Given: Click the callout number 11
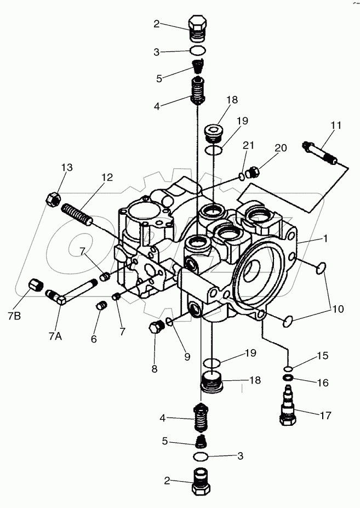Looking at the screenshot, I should pos(335,125).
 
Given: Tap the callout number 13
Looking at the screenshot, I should pos(66,168).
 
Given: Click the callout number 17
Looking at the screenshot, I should pos(325,415).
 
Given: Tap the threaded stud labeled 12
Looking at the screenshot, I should pos(76,214).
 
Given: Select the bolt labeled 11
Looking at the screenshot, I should pos(319,154).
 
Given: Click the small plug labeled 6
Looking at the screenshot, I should pos(100,306).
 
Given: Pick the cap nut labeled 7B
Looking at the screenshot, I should pos(36,286).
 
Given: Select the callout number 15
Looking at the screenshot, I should pos(322,356).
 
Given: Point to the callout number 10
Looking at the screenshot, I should pos(338,309).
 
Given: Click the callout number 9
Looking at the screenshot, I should pos(187,357).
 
